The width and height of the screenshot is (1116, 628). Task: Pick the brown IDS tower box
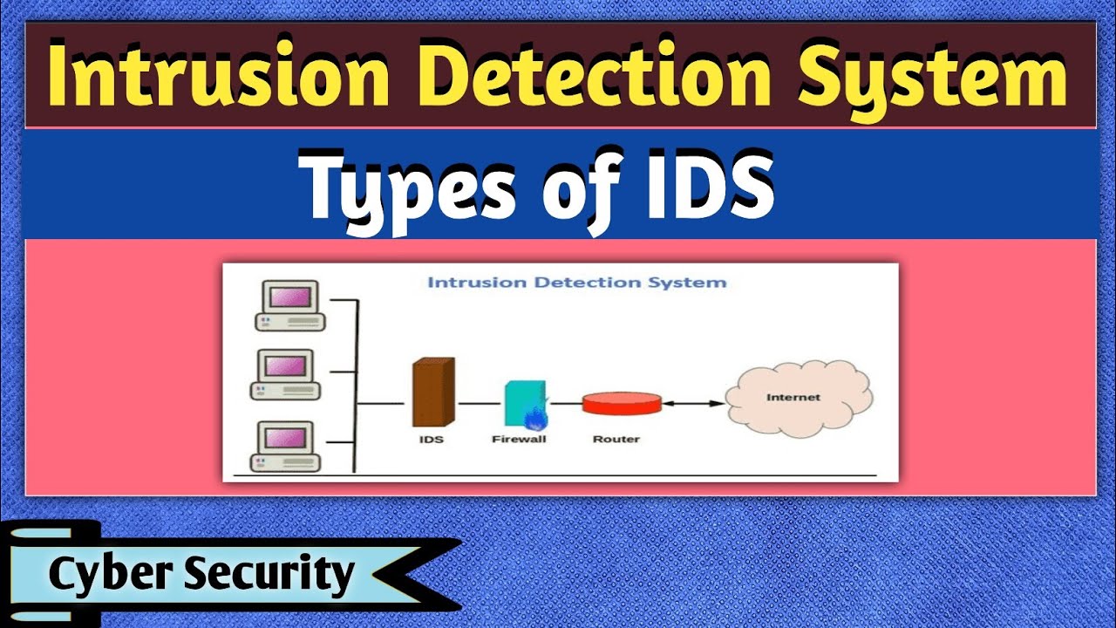pos(432,393)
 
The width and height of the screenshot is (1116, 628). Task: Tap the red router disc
pos(622,403)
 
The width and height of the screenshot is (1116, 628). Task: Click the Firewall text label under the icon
pos(519,439)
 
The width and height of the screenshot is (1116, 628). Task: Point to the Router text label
pos(616,439)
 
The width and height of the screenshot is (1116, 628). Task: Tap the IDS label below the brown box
pos(431,439)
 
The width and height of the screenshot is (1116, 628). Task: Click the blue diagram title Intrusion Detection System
pos(576,283)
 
